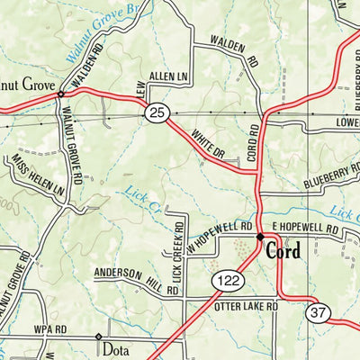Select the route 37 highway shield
coord(315,311)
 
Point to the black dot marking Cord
coord(260,237)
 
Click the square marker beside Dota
coord(97,337)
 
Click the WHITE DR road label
coord(207,144)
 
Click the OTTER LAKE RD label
coord(247,306)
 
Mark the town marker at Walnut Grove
coord(60,93)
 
